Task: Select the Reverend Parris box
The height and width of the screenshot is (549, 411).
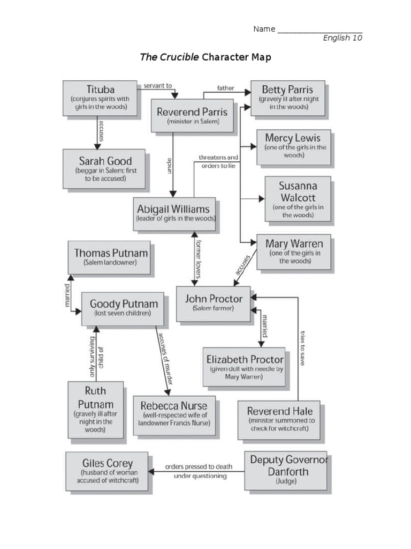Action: pos(192,115)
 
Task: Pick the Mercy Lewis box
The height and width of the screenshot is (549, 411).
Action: pos(294,146)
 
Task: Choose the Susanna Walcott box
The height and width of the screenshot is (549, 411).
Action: pos(298,198)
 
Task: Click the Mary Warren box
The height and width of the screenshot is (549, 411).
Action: pos(294,251)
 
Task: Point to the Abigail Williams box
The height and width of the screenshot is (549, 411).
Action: pos(174,213)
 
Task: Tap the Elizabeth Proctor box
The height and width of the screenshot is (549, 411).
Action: pos(245,366)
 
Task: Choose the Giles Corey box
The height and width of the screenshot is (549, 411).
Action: pos(107,470)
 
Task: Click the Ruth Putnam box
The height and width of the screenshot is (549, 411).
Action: pos(95,411)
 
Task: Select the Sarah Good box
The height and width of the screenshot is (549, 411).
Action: pos(104,168)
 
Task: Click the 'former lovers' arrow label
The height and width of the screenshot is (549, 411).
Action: pos(198,259)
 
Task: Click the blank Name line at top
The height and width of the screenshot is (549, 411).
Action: pos(319,29)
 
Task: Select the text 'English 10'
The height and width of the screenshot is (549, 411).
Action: pos(342,38)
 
